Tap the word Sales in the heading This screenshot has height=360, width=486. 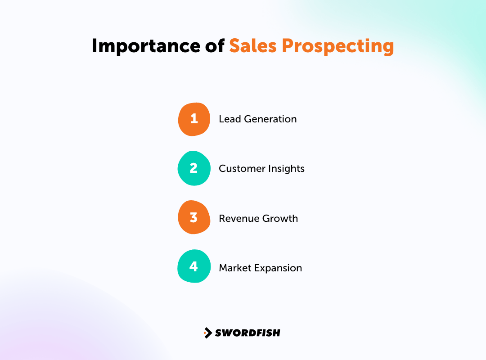pyautogui.click(x=252, y=46)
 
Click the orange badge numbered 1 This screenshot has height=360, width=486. pyautogui.click(x=194, y=119)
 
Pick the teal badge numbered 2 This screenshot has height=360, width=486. pyautogui.click(x=194, y=168)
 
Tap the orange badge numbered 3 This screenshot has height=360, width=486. pyautogui.click(x=194, y=218)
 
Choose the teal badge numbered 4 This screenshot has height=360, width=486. pyautogui.click(x=194, y=267)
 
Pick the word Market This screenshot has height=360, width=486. pyautogui.click(x=234, y=268)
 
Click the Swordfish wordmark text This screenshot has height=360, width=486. pyautogui.click(x=247, y=333)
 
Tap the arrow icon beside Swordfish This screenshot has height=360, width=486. pyautogui.click(x=207, y=333)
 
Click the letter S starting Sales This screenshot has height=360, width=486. pyautogui.click(x=235, y=46)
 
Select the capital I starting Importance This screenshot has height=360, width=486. pyautogui.click(x=95, y=46)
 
